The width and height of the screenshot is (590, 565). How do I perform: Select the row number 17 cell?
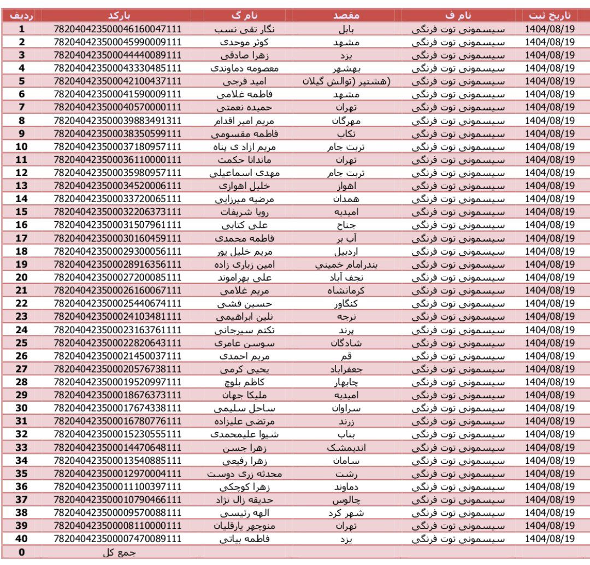pyautogui.click(x=22, y=238)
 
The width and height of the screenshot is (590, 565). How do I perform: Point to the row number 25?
pyautogui.click(x=22, y=343)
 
